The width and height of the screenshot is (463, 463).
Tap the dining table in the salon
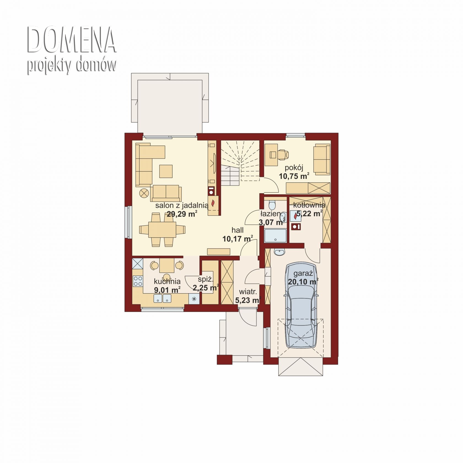point(162,229)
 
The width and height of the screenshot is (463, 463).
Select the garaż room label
point(303,274)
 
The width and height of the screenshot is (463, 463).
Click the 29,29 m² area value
point(182,214)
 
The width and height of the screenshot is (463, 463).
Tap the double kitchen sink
point(162,298)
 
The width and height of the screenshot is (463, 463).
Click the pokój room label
point(294,168)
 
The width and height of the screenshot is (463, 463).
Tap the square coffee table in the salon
point(166,171)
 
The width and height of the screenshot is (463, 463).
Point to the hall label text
point(238,230)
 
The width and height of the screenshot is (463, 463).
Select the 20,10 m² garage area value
point(303,282)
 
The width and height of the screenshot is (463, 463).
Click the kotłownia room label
point(309,205)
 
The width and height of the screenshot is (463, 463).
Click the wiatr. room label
point(248,292)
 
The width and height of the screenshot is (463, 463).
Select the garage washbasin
point(280,252)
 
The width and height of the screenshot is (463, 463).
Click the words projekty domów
point(72,66)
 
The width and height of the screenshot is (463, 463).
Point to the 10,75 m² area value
point(294,176)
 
